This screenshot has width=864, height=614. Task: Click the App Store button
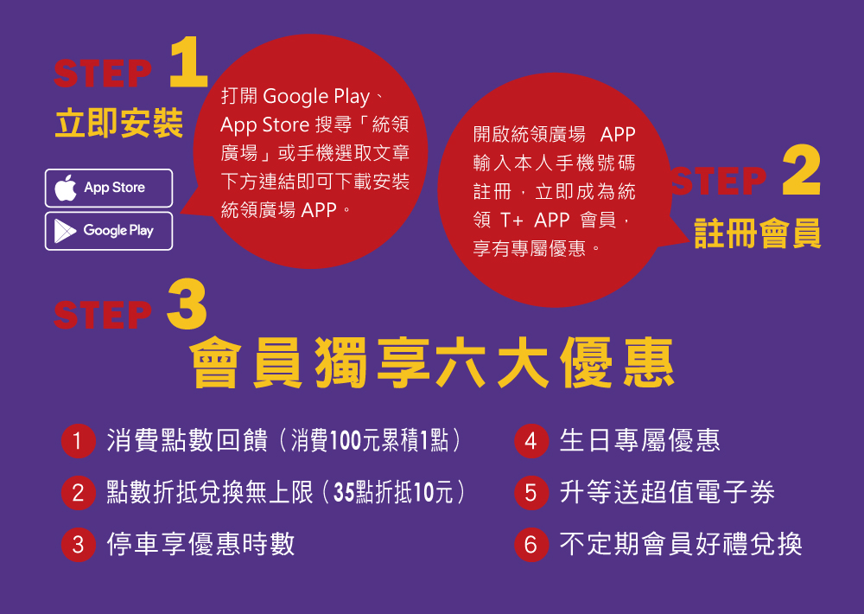pos(109,188)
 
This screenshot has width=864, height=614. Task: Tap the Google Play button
pos(109,231)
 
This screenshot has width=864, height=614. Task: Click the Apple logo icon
pos(66,188)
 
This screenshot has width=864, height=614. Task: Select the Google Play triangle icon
pos(64,231)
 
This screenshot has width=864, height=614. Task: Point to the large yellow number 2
pos(801,172)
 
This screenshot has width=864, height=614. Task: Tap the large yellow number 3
pos(186,304)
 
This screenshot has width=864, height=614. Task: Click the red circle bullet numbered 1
pos(78,442)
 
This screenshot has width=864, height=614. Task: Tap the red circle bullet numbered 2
pos(78,494)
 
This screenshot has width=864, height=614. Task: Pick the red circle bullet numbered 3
pos(78,545)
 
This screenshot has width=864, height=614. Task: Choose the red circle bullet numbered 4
pos(530,442)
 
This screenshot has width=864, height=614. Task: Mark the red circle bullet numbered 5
pos(530,494)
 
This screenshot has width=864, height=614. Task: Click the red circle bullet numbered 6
pos(530,545)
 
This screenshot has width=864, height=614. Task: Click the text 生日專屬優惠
pos(639,441)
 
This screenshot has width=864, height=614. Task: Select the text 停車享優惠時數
pos(200,544)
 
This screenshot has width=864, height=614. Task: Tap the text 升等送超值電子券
pos(667,493)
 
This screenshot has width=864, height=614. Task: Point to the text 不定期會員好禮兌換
pos(681,544)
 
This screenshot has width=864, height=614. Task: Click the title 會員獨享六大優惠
pos(432,364)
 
